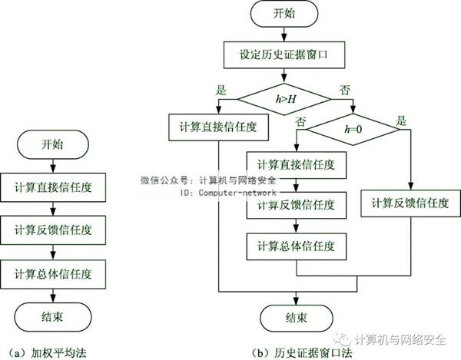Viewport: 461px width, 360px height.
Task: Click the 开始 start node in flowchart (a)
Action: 51,144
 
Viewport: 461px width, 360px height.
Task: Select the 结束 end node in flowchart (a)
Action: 51,315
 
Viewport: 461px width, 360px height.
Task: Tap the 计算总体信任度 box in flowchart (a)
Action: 52,272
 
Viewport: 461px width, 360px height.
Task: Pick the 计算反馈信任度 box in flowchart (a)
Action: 52,230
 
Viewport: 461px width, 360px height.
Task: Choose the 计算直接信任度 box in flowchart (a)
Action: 52,187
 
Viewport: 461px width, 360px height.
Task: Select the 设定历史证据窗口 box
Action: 284,55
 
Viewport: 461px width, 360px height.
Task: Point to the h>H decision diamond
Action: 284,99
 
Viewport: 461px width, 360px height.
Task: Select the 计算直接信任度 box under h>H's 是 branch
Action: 218,127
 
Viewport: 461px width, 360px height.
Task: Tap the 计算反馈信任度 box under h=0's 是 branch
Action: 410,203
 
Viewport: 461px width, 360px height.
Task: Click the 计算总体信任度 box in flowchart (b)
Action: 297,246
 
